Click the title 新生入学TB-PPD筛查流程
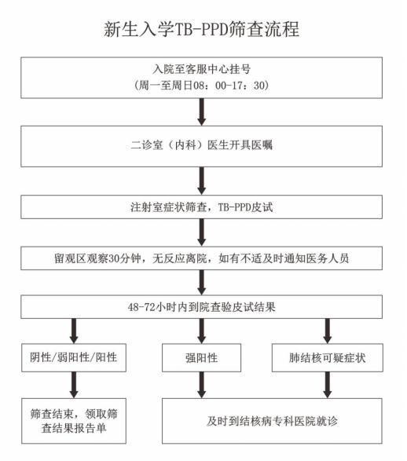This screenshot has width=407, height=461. pos(201,29)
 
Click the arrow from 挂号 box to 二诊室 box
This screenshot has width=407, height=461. pos(201,112)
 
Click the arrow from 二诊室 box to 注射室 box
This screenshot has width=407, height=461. pos(201,181)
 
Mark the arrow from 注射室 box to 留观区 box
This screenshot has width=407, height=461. pos(201,232)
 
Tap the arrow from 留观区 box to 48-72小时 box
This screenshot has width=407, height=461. pos(201,283)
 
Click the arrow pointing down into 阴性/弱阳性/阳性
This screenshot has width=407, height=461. pos(74,331)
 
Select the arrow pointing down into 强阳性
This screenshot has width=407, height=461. pos(201,331)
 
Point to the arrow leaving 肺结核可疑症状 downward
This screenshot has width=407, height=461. pos(328,385)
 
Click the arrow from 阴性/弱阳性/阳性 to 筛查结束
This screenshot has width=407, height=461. pos(74,385)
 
